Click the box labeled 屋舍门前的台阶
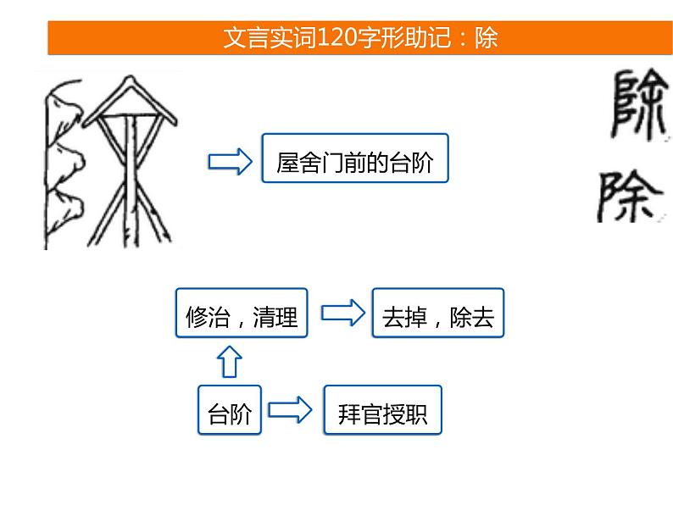(354, 158)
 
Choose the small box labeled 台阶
(230, 412)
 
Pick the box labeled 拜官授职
(382, 412)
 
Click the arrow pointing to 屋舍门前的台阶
(231, 159)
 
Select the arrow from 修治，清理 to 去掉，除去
(340, 314)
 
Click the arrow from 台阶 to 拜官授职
(291, 412)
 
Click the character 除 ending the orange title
(486, 38)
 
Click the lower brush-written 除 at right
(630, 197)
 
